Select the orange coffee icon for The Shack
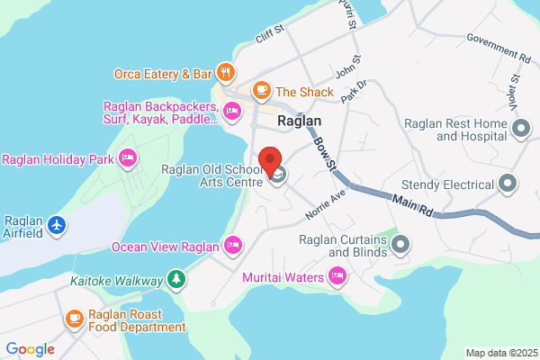tap(262, 91)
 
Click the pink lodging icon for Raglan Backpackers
tap(232, 112)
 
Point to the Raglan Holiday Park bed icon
tap(128, 159)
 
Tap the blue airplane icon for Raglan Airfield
tap(58, 222)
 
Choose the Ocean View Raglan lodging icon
tap(233, 245)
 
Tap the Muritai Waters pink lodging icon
tap(337, 277)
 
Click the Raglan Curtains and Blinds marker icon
tap(400, 244)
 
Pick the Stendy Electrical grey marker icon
tap(508, 185)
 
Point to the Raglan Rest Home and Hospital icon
tap(520, 130)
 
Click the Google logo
tap(30, 348)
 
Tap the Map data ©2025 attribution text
tap(501, 353)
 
